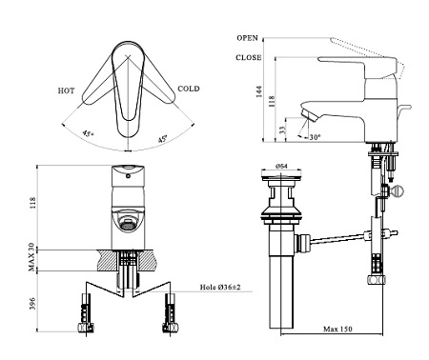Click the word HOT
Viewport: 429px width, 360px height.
(66, 90)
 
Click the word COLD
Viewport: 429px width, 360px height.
(189, 89)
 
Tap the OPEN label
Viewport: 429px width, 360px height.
(247, 38)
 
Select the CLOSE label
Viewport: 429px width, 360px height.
(249, 57)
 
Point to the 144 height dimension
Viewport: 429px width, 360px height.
(259, 91)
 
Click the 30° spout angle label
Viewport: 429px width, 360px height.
(316, 137)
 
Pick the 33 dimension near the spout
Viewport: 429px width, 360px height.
(282, 129)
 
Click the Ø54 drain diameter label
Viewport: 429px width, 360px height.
(281, 166)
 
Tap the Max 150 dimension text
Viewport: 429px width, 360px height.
(337, 329)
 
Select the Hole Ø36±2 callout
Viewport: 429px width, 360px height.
(220, 288)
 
